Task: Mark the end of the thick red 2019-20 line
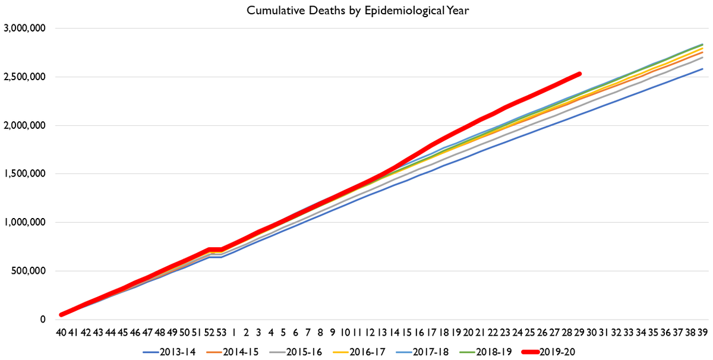pos(579,74)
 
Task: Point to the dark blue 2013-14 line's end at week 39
pos(702,69)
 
